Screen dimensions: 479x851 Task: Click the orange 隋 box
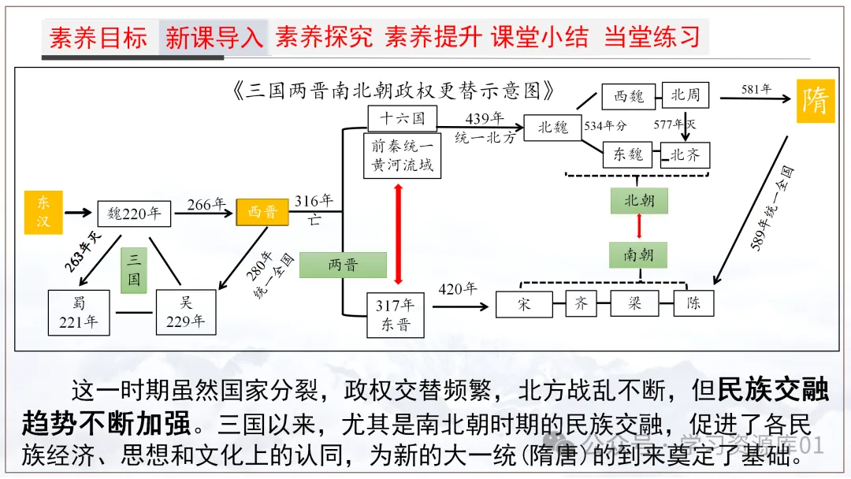coord(815,101)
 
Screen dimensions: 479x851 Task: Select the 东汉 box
coord(43,212)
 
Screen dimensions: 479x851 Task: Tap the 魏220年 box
coord(134,214)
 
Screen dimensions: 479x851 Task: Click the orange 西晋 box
coord(262,212)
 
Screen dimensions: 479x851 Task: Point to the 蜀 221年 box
coord(79,312)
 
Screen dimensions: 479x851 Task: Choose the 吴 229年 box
coord(186,312)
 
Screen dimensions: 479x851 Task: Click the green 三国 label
coord(133,270)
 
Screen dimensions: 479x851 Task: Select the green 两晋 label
coord(343,265)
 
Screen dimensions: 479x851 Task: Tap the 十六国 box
coord(402,118)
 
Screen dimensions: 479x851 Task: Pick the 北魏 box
coord(552,127)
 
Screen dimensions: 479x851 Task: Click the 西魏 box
coord(628,96)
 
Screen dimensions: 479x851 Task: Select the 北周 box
coord(685,95)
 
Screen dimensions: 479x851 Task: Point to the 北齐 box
coord(685,155)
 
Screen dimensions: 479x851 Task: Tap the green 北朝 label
coord(638,200)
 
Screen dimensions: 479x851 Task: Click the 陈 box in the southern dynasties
coord(693,303)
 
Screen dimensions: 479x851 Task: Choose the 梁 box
coord(634,303)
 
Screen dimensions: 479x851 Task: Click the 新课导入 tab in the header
coord(214,37)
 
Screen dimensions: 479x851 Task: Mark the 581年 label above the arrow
coord(756,89)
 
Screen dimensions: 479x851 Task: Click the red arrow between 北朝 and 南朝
coord(639,226)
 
